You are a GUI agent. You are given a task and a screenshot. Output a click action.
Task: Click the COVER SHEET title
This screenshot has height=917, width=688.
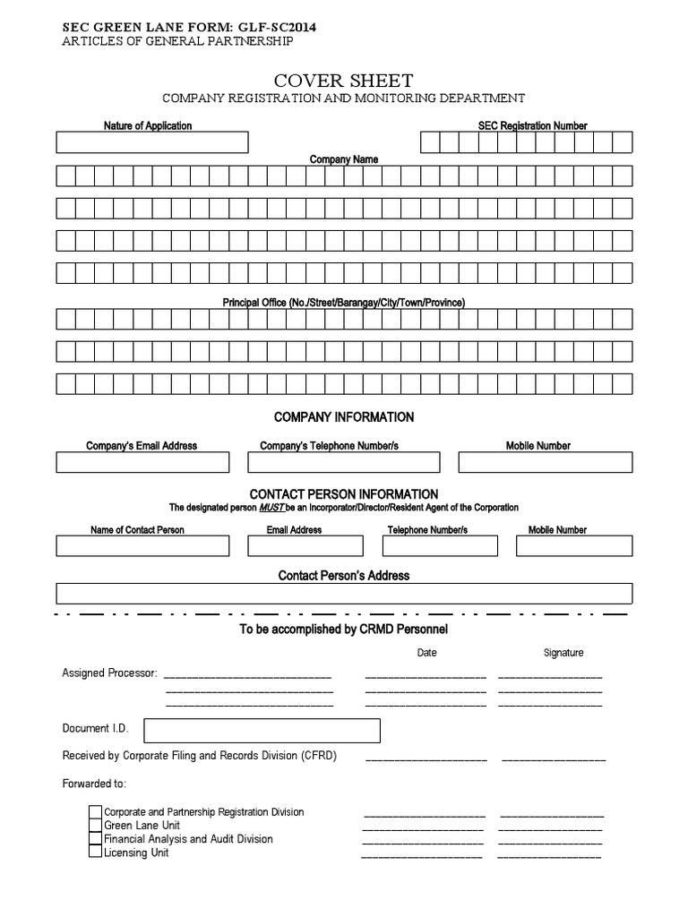pos(343,81)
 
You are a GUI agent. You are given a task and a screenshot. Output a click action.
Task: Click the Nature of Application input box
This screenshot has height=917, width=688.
pos(152,142)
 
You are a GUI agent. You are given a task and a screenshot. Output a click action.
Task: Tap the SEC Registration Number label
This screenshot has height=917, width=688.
pos(532,126)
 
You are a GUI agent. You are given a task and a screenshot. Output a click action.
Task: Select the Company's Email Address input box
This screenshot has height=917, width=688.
pos(142,462)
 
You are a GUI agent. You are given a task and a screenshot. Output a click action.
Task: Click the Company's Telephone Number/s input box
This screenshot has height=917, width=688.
pos(343,462)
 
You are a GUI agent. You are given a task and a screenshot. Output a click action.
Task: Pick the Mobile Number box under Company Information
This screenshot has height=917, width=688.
pos(545,462)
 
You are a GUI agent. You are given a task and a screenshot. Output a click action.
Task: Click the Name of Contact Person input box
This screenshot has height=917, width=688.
pos(142,545)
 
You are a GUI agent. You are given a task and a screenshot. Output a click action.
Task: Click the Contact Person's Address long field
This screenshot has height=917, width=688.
pos(344,593)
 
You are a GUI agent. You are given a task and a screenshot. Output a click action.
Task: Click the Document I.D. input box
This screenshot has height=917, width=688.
pos(261,730)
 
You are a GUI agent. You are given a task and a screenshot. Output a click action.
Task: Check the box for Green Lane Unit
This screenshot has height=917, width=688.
pos(95,826)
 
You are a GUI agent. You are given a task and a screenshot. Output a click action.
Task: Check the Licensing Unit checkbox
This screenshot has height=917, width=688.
pos(95,853)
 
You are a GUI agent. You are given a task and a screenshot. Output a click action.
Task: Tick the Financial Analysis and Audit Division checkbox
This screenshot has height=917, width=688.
pos(95,839)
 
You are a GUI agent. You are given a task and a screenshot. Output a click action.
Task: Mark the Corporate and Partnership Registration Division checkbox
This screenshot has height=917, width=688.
pos(95,812)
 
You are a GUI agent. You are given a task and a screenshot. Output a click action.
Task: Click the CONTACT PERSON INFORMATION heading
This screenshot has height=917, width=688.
pos(343,494)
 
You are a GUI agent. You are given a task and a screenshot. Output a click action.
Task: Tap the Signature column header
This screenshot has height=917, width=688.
pos(563,653)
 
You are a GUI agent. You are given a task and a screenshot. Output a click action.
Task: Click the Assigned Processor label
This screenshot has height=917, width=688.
pos(109,673)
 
